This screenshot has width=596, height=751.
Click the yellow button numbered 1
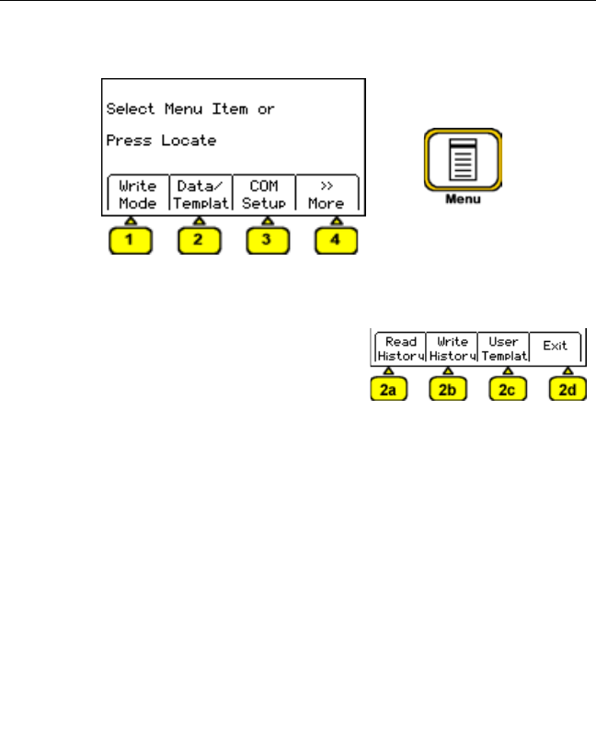pyautogui.click(x=130, y=244)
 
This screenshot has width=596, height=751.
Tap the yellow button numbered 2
pyautogui.click(x=199, y=244)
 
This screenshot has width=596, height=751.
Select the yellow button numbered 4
pyautogui.click(x=336, y=244)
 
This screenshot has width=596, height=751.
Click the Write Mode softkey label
pyautogui.click(x=138, y=194)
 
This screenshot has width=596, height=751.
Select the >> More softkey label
pyautogui.click(x=326, y=194)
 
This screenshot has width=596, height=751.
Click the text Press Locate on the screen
pyautogui.click(x=161, y=142)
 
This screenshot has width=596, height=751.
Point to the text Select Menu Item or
pyautogui.click(x=190, y=108)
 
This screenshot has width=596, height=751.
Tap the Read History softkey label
pyautogui.click(x=401, y=347)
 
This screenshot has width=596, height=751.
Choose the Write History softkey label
pyautogui.click(x=452, y=347)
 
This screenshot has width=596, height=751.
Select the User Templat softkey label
pyautogui.click(x=504, y=347)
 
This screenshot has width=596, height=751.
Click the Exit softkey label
pyautogui.click(x=556, y=347)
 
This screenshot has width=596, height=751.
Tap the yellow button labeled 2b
pyautogui.click(x=449, y=390)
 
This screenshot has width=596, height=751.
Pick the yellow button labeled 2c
pyautogui.click(x=508, y=390)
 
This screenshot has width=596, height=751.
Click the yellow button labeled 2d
pyautogui.click(x=567, y=390)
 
